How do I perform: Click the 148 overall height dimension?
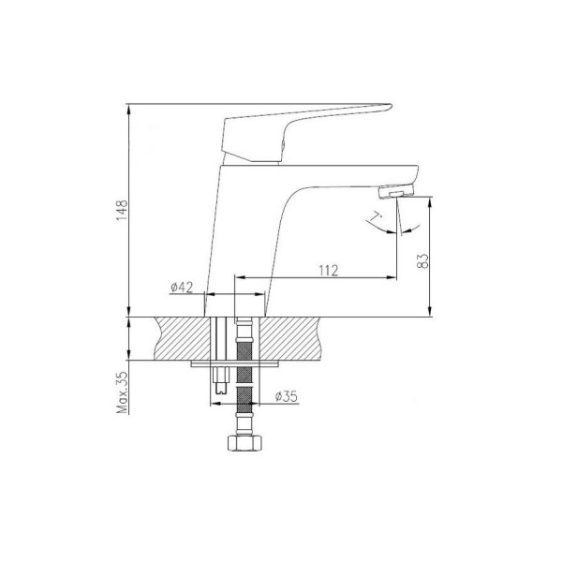122,210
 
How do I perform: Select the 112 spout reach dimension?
329,271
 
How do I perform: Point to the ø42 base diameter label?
182,288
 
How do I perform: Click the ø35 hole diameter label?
286,396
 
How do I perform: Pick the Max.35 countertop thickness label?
122,392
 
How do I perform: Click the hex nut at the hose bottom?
244,443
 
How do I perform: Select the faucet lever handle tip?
389,107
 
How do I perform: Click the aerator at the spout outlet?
396,191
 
